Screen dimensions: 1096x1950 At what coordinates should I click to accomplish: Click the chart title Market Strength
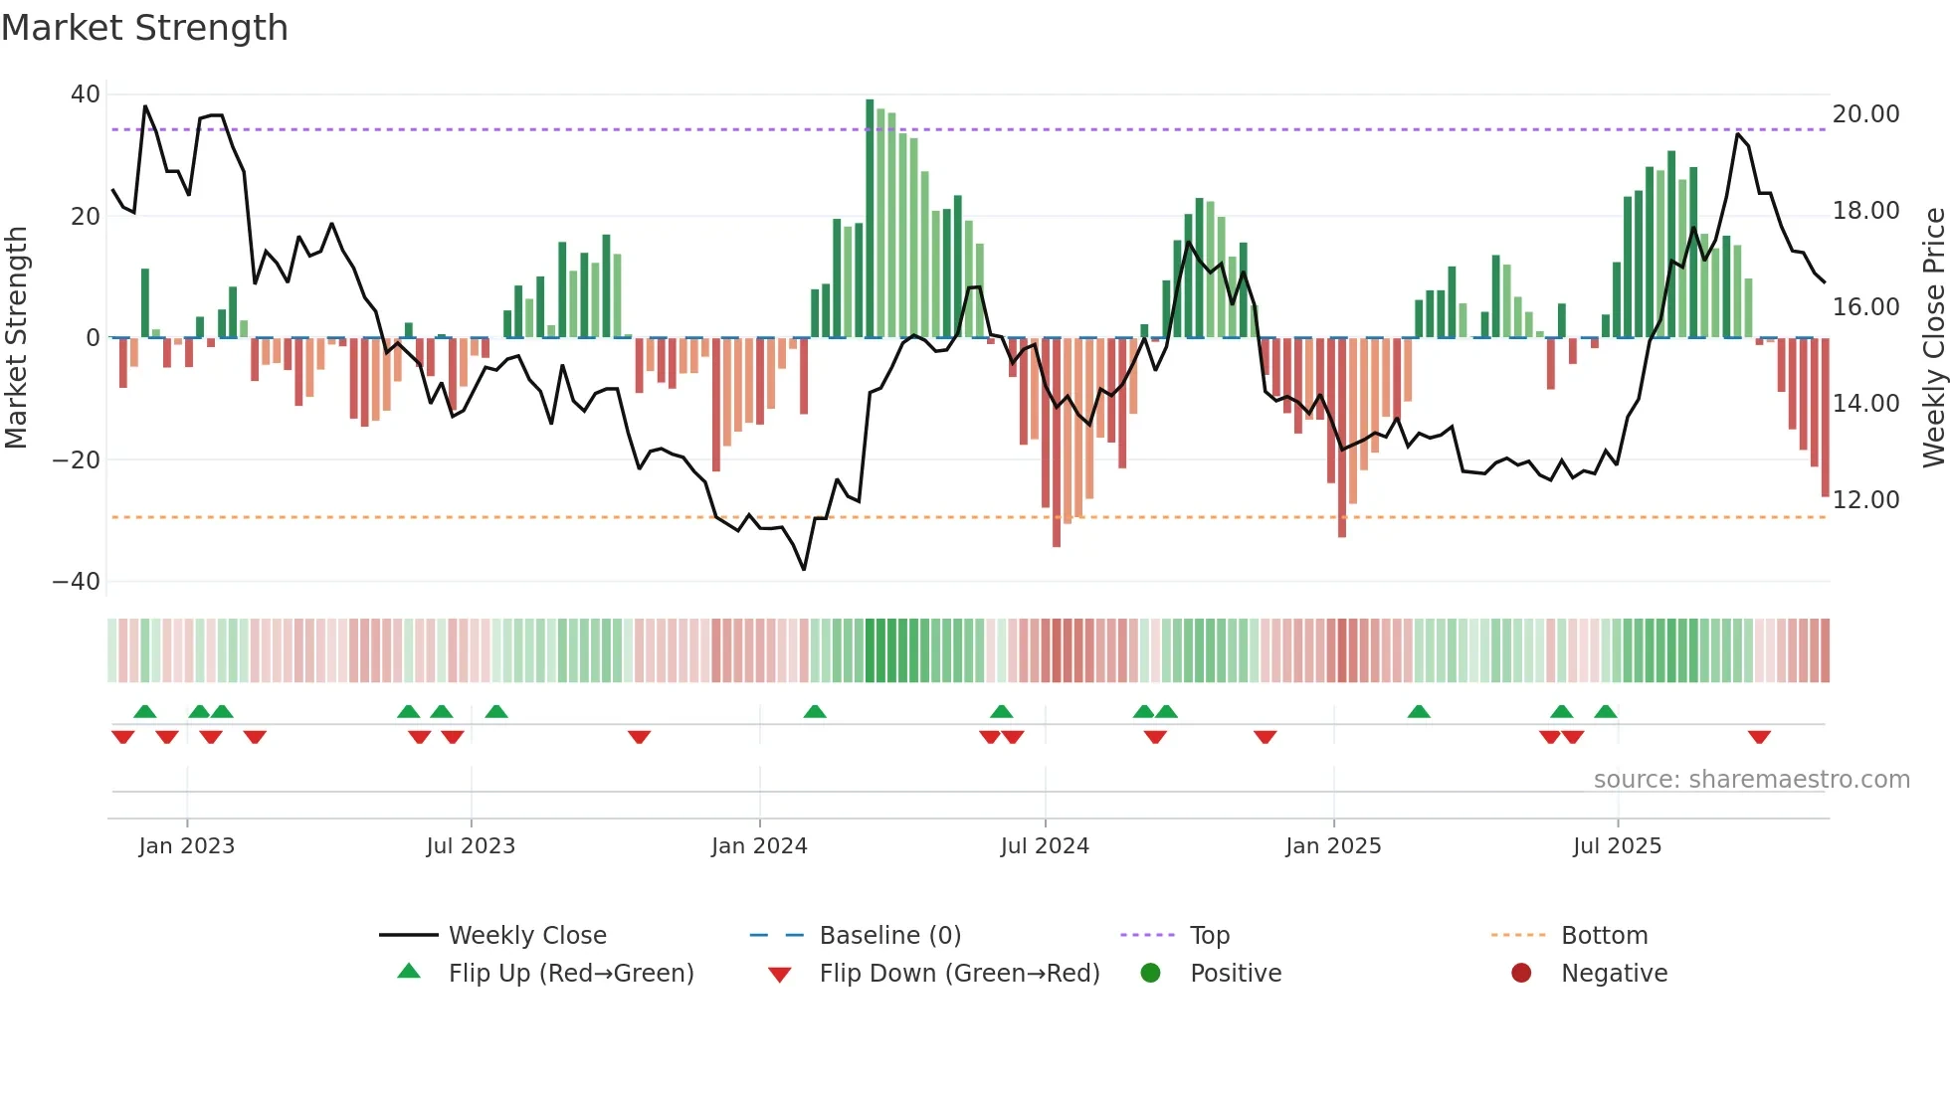coord(144,28)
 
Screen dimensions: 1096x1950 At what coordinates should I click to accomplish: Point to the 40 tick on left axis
coord(86,94)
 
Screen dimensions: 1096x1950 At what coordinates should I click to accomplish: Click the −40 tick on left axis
coord(77,581)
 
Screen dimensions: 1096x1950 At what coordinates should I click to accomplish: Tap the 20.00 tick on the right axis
coord(1865,114)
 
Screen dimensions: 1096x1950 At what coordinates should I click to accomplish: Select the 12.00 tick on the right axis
coord(1865,499)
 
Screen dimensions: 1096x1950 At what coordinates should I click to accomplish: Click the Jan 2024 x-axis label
coord(759,846)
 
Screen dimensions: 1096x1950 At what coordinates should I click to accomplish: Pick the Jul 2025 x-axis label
coord(1617,846)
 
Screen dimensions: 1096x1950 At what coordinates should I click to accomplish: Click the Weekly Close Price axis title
coord(1933,337)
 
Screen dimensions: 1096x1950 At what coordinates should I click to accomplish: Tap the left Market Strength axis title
coord(16,337)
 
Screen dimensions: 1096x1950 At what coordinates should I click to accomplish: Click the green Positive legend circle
coord(1151,973)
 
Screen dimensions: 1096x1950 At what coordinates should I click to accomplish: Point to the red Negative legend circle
coord(1521,973)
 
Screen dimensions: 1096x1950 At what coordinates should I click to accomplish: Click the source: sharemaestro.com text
coord(1751,780)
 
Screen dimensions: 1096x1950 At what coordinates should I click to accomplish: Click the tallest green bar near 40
coord(870,219)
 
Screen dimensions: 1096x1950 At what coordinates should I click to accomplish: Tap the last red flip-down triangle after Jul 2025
coord(1759,737)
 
